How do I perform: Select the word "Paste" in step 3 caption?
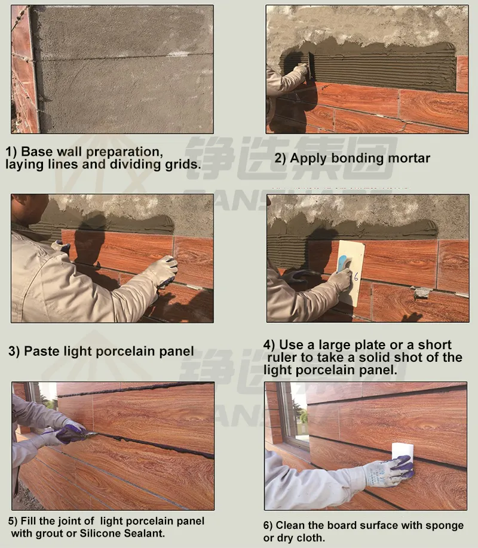pyautogui.click(x=41, y=351)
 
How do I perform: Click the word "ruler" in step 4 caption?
pyautogui.click(x=284, y=358)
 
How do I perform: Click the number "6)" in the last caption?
pyautogui.click(x=268, y=525)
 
